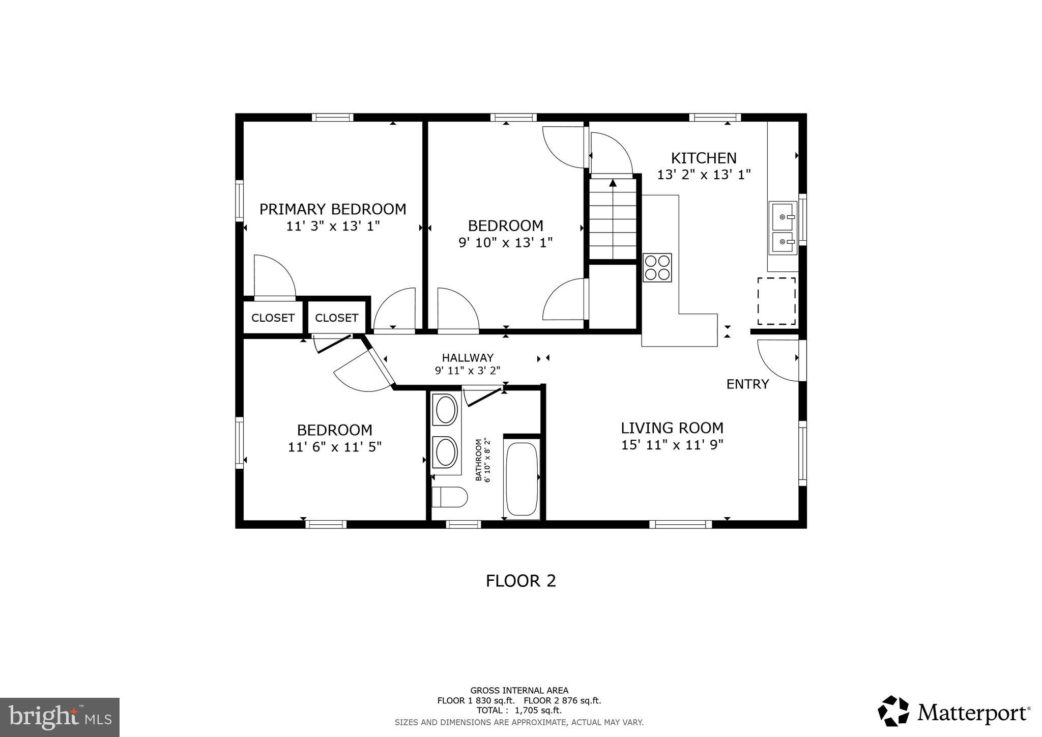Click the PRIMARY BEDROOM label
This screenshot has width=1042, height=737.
tap(333, 209)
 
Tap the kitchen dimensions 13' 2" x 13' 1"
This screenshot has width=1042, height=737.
tap(704, 175)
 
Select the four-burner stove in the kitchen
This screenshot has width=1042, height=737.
tap(657, 268)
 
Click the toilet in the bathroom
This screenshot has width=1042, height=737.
tap(449, 497)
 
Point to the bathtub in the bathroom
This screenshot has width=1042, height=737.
tap(521, 479)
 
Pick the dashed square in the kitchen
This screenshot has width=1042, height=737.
tap(776, 301)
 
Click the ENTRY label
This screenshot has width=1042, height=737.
tap(747, 384)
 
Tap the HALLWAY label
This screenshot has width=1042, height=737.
tap(467, 358)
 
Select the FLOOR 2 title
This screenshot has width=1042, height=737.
tap(520, 581)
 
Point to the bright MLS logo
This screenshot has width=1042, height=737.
tap(60, 717)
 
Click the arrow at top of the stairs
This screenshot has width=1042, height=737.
tap(613, 183)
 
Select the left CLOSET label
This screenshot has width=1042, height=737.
tap(273, 318)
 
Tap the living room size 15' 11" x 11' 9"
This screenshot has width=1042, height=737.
tap(672, 445)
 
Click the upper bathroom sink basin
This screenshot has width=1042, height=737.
tap(446, 410)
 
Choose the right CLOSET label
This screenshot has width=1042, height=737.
tap(336, 318)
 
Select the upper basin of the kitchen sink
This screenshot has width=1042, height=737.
tap(783, 216)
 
